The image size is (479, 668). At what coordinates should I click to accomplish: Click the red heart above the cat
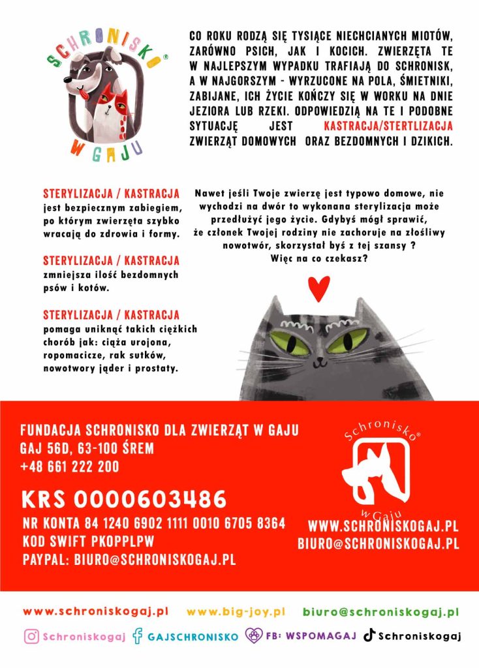click(x=318, y=288)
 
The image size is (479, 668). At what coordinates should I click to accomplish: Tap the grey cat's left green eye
click(x=290, y=342)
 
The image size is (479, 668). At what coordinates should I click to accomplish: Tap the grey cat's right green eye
click(x=351, y=340)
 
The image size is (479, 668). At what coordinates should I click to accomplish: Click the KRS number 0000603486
click(x=124, y=500)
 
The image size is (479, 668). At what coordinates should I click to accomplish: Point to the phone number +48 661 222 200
click(x=70, y=466)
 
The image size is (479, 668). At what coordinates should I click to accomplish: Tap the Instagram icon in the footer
click(x=31, y=636)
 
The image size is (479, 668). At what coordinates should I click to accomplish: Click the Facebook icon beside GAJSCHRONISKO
click(x=137, y=636)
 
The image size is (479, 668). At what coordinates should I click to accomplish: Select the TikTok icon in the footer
click(x=369, y=635)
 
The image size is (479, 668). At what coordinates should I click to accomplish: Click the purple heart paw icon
click(x=253, y=636)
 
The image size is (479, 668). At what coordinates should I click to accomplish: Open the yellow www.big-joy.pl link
click(x=236, y=612)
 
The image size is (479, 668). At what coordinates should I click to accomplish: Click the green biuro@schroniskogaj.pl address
click(x=380, y=612)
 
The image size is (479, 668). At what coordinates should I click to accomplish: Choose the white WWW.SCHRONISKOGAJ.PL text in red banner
click(x=383, y=526)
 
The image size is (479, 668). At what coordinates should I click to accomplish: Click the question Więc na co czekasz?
click(x=318, y=258)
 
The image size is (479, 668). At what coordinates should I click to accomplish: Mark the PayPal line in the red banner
click(x=129, y=560)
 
